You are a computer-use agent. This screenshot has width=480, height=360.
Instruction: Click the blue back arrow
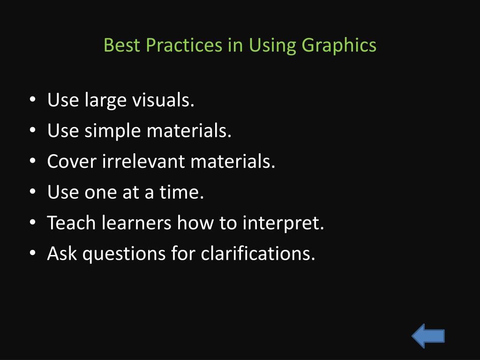pyautogui.click(x=428, y=336)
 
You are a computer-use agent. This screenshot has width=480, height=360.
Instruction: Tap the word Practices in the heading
pyautogui.click(x=184, y=45)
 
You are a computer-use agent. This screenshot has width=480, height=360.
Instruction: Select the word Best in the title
pyautogui.click(x=122, y=45)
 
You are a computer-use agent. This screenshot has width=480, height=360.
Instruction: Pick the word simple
pyautogui.click(x=112, y=132)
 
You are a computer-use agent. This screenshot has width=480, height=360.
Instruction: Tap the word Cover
pyautogui.click(x=72, y=161)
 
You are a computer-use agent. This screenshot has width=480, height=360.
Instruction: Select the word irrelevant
pyautogui.click(x=143, y=161)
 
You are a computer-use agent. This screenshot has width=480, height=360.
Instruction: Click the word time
pyautogui.click(x=181, y=192)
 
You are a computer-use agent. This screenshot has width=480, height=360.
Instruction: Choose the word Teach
pyautogui.click(x=71, y=222)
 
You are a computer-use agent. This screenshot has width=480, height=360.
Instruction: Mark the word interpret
pyautogui.click(x=283, y=224)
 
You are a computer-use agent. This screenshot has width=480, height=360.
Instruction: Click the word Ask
pyautogui.click(x=62, y=253)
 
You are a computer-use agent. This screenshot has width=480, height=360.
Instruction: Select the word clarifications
pyautogui.click(x=258, y=253)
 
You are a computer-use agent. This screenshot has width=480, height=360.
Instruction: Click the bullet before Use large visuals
pyautogui.click(x=33, y=99)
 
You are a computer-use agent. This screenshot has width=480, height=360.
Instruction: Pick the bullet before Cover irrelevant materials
pyautogui.click(x=33, y=160)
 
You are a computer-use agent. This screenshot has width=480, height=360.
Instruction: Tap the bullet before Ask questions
pyautogui.click(x=33, y=253)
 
